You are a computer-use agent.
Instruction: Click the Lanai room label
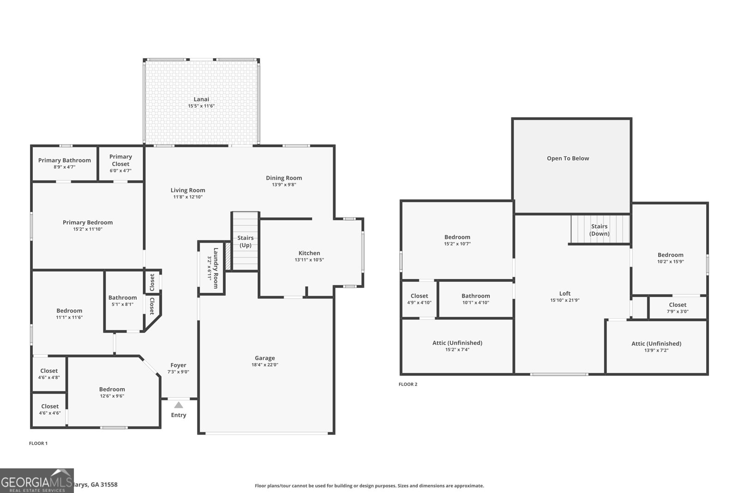201,99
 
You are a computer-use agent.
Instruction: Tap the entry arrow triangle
178,405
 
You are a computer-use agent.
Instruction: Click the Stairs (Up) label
245,241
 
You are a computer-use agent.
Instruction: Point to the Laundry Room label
215,268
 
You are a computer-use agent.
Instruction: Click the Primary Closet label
121,160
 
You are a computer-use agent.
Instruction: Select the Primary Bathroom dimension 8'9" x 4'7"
64,167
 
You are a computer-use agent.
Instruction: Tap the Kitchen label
309,253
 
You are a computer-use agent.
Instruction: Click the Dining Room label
284,178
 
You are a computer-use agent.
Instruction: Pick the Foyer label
178,365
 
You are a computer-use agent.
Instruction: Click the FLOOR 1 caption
38,443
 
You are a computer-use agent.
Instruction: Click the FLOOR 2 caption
408,384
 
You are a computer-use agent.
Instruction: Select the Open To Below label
568,158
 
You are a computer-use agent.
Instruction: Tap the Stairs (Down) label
599,230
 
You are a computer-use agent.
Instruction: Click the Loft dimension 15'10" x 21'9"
564,300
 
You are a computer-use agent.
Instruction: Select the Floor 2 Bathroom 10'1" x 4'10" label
475,299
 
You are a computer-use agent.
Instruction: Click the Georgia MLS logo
36,481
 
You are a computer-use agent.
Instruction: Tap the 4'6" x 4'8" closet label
49,374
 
